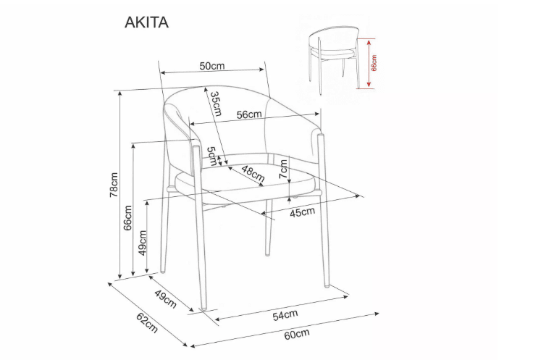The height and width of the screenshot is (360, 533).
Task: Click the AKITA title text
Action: [147, 22]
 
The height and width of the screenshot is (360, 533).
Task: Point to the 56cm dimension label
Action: [248, 114]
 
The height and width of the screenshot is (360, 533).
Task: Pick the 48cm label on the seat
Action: [253, 173]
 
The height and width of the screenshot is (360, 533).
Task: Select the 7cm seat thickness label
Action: [284, 169]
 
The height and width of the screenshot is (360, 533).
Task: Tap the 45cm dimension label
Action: [302, 212]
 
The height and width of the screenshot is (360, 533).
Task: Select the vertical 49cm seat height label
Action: [143, 243]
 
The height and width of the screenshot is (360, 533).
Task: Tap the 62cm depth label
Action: [146, 323]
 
